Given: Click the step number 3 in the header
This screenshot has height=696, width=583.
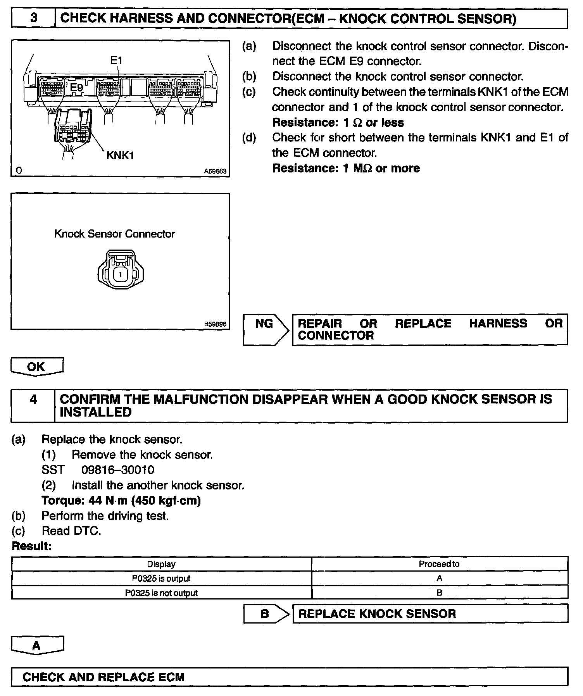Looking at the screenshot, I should coord(34,18).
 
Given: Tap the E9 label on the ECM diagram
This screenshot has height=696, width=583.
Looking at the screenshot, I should coord(77,88).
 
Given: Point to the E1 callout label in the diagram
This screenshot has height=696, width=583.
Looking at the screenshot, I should coord(116,60).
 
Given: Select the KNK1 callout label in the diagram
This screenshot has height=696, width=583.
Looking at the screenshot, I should coord(120,155).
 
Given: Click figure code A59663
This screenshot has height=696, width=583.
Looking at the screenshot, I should coord(215,171).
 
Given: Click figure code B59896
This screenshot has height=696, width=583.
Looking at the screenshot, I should coord(215,324).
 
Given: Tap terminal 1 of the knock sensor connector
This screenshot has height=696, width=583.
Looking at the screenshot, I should coord(121,274).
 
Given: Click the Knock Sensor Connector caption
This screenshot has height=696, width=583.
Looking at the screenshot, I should coord(114,234).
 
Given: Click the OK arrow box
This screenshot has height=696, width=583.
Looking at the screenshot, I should coord(36,366).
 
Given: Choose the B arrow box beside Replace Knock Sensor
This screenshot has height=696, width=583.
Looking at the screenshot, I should coord(265,614).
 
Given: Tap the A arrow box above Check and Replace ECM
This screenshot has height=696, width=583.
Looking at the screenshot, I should coord(36,645).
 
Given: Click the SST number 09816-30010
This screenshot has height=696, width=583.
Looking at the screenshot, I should coord(117,470).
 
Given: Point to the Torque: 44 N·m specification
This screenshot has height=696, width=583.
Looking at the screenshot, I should coord(121,501).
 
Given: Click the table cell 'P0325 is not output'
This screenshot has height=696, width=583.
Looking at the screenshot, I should coord(161,593).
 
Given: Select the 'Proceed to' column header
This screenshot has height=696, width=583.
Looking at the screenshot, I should coord(439,564).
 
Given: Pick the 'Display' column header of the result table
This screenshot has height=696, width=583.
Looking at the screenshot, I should coord(161,564).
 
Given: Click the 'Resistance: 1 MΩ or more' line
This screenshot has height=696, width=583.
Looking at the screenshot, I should coord(346,168).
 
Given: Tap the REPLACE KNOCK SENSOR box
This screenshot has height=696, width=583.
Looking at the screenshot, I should coord(429,614).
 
